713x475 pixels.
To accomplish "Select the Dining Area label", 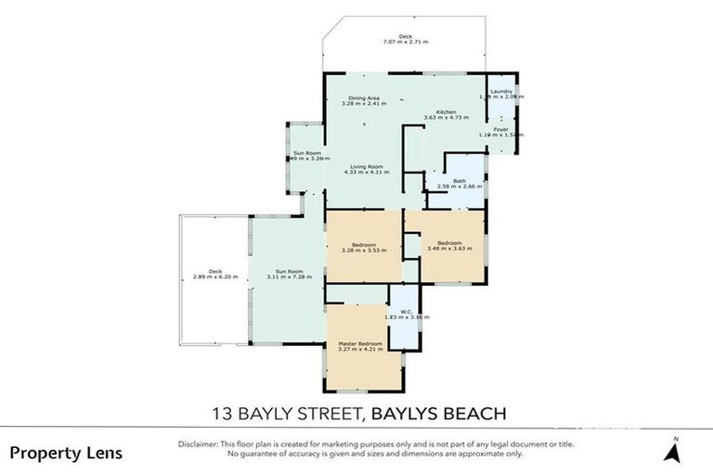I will coord(364,97).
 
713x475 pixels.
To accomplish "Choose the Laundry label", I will coord(501,91).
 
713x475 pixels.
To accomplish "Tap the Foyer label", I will coord(500,129).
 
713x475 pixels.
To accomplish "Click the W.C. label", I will coord(406,311).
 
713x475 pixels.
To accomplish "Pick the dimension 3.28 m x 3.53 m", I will coord(363,249).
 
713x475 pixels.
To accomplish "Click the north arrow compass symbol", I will coord(675,451).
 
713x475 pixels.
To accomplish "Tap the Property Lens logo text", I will coord(66,454).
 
